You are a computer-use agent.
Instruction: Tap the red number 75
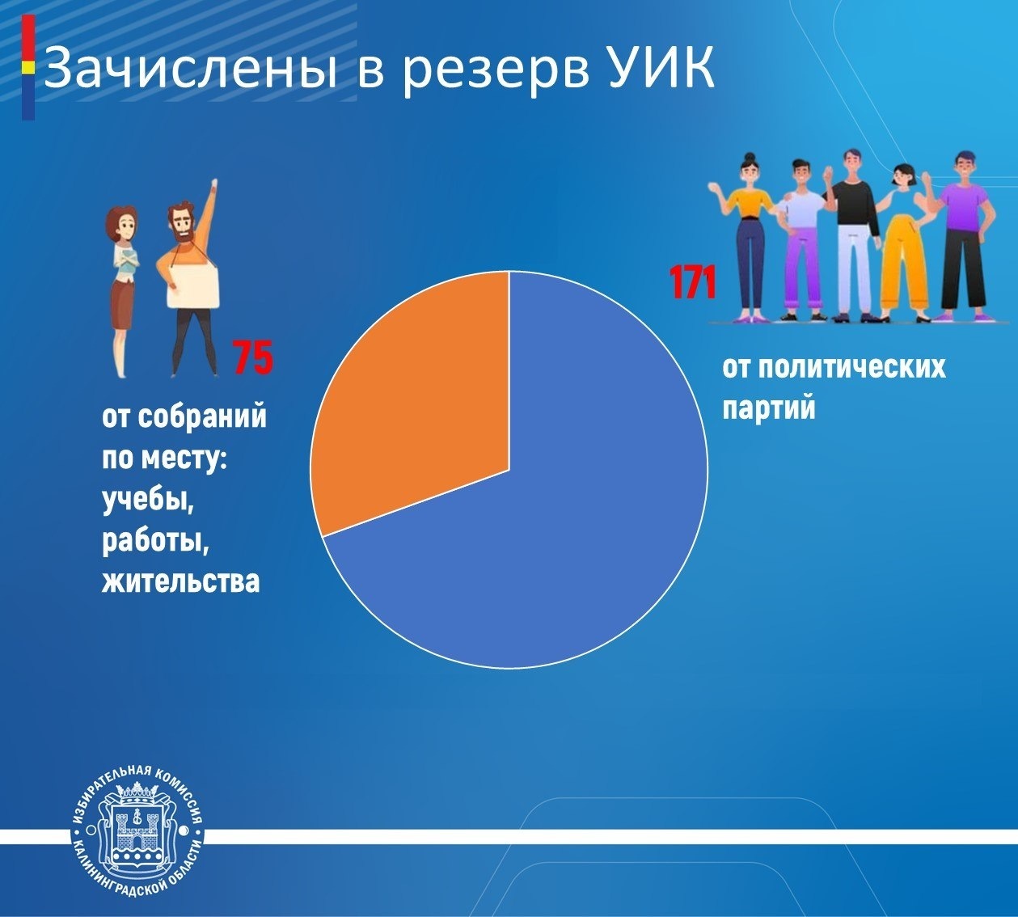253,357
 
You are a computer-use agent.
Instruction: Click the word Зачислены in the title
190,69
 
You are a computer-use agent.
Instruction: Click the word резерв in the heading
496,74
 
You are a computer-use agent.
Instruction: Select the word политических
853,366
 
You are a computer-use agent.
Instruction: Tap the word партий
768,408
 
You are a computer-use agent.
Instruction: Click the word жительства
180,581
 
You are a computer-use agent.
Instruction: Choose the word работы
156,542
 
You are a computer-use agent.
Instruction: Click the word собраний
202,417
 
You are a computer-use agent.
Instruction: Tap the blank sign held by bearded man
193,287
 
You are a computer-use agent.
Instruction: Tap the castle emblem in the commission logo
137,834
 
